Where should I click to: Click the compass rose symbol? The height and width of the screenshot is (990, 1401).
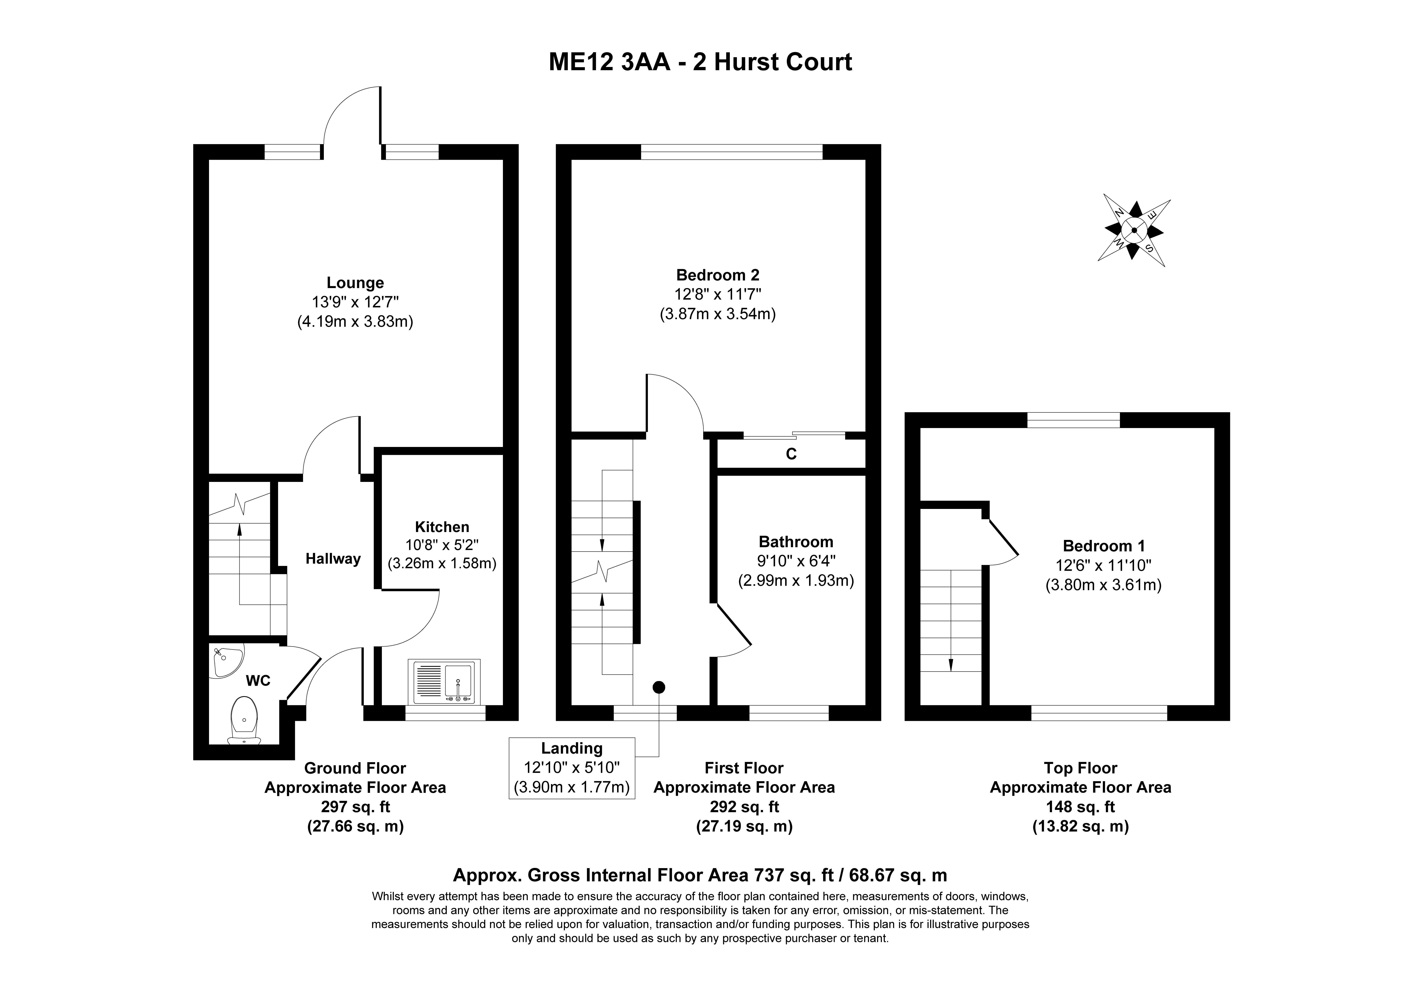[x=1134, y=230]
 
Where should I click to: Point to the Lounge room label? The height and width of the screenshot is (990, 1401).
[x=355, y=283]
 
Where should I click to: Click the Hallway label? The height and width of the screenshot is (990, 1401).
[x=333, y=558]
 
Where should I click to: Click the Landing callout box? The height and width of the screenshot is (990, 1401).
[x=572, y=768]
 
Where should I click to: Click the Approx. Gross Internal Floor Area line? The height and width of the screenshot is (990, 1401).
[x=700, y=875]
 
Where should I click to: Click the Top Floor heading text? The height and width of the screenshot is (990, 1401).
[x=1080, y=768]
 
